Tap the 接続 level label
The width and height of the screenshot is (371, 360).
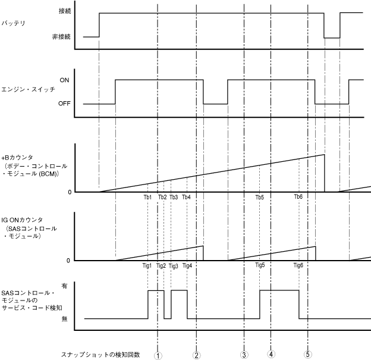pyautogui.click(x=65, y=11)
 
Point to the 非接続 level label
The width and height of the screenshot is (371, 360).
pyautogui.click(x=62, y=37)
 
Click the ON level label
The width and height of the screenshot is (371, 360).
pyautogui.click(x=64, y=79)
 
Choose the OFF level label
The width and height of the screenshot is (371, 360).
pyautogui.click(x=64, y=104)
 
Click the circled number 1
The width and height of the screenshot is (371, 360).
pyautogui.click(x=158, y=355)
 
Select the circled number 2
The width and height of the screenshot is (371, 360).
pyautogui.click(x=196, y=355)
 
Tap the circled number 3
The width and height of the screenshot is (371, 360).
pyautogui.click(x=244, y=355)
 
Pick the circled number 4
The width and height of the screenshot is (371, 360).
pyautogui.click(x=271, y=354)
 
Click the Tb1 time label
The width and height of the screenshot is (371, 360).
pyautogui.click(x=148, y=197)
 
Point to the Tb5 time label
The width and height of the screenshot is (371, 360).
pyautogui.click(x=260, y=197)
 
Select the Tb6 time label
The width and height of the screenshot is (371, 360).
pyautogui.click(x=298, y=197)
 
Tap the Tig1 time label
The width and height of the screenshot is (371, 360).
pyautogui.click(x=147, y=266)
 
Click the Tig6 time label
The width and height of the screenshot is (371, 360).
pyautogui.click(x=298, y=266)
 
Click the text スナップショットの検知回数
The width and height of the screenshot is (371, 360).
pyautogui.click(x=100, y=355)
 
